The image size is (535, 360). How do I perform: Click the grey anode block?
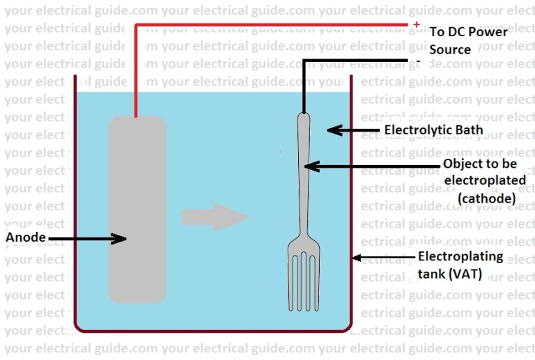pos(137,209)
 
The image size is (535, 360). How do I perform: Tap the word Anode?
pos(26,237)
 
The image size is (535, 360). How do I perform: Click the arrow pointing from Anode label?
pos(87,238)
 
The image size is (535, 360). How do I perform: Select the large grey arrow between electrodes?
pos(215,217)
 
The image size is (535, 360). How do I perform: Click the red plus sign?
pos(416,25)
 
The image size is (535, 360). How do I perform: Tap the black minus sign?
pos(417,61)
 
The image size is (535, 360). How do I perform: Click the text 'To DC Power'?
pos(468,32)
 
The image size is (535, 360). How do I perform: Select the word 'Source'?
pos(450,49)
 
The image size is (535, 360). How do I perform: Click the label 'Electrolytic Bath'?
pos(433,130)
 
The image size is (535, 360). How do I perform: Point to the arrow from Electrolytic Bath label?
pos(352,130)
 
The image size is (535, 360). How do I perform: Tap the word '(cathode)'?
pos(486,198)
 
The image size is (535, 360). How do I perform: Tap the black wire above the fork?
pos(304,84)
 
